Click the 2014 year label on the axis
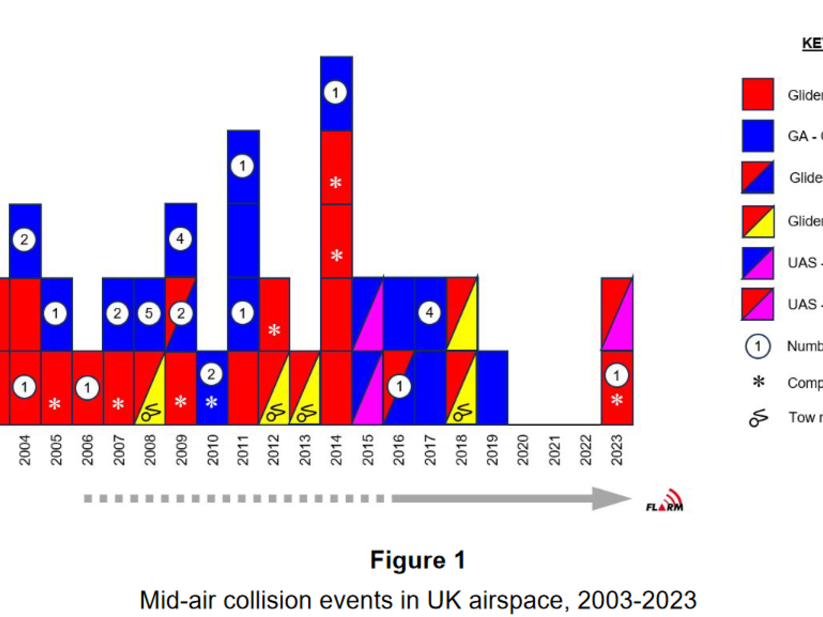tap(336, 450)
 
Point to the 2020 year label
tap(523, 450)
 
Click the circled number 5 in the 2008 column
tap(149, 313)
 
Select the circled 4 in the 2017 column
tap(429, 312)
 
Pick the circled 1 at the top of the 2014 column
tap(335, 93)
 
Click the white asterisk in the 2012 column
tap(274, 330)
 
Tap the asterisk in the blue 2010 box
tap(211, 402)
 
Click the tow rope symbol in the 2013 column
tap(306, 413)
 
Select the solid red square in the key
tap(758, 95)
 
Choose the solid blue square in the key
tap(758, 136)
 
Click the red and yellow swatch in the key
tap(758, 222)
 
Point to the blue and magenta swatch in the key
tap(758, 263)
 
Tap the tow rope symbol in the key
tap(758, 418)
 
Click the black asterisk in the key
tap(758, 382)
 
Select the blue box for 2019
tap(493, 388)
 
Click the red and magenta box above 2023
tap(617, 314)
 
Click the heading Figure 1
tap(418, 560)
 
